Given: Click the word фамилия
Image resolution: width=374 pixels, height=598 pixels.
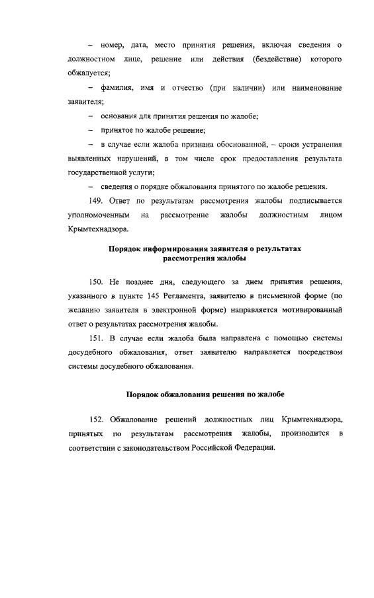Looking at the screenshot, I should pyautogui.click(x=115, y=88).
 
